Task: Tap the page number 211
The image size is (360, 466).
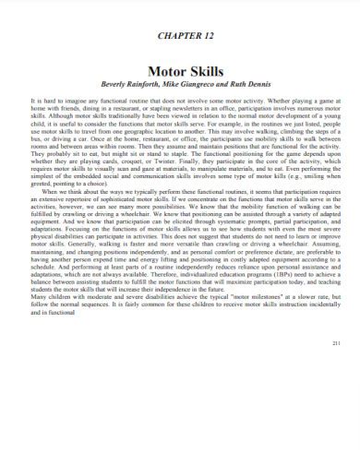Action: pos(336,419)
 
